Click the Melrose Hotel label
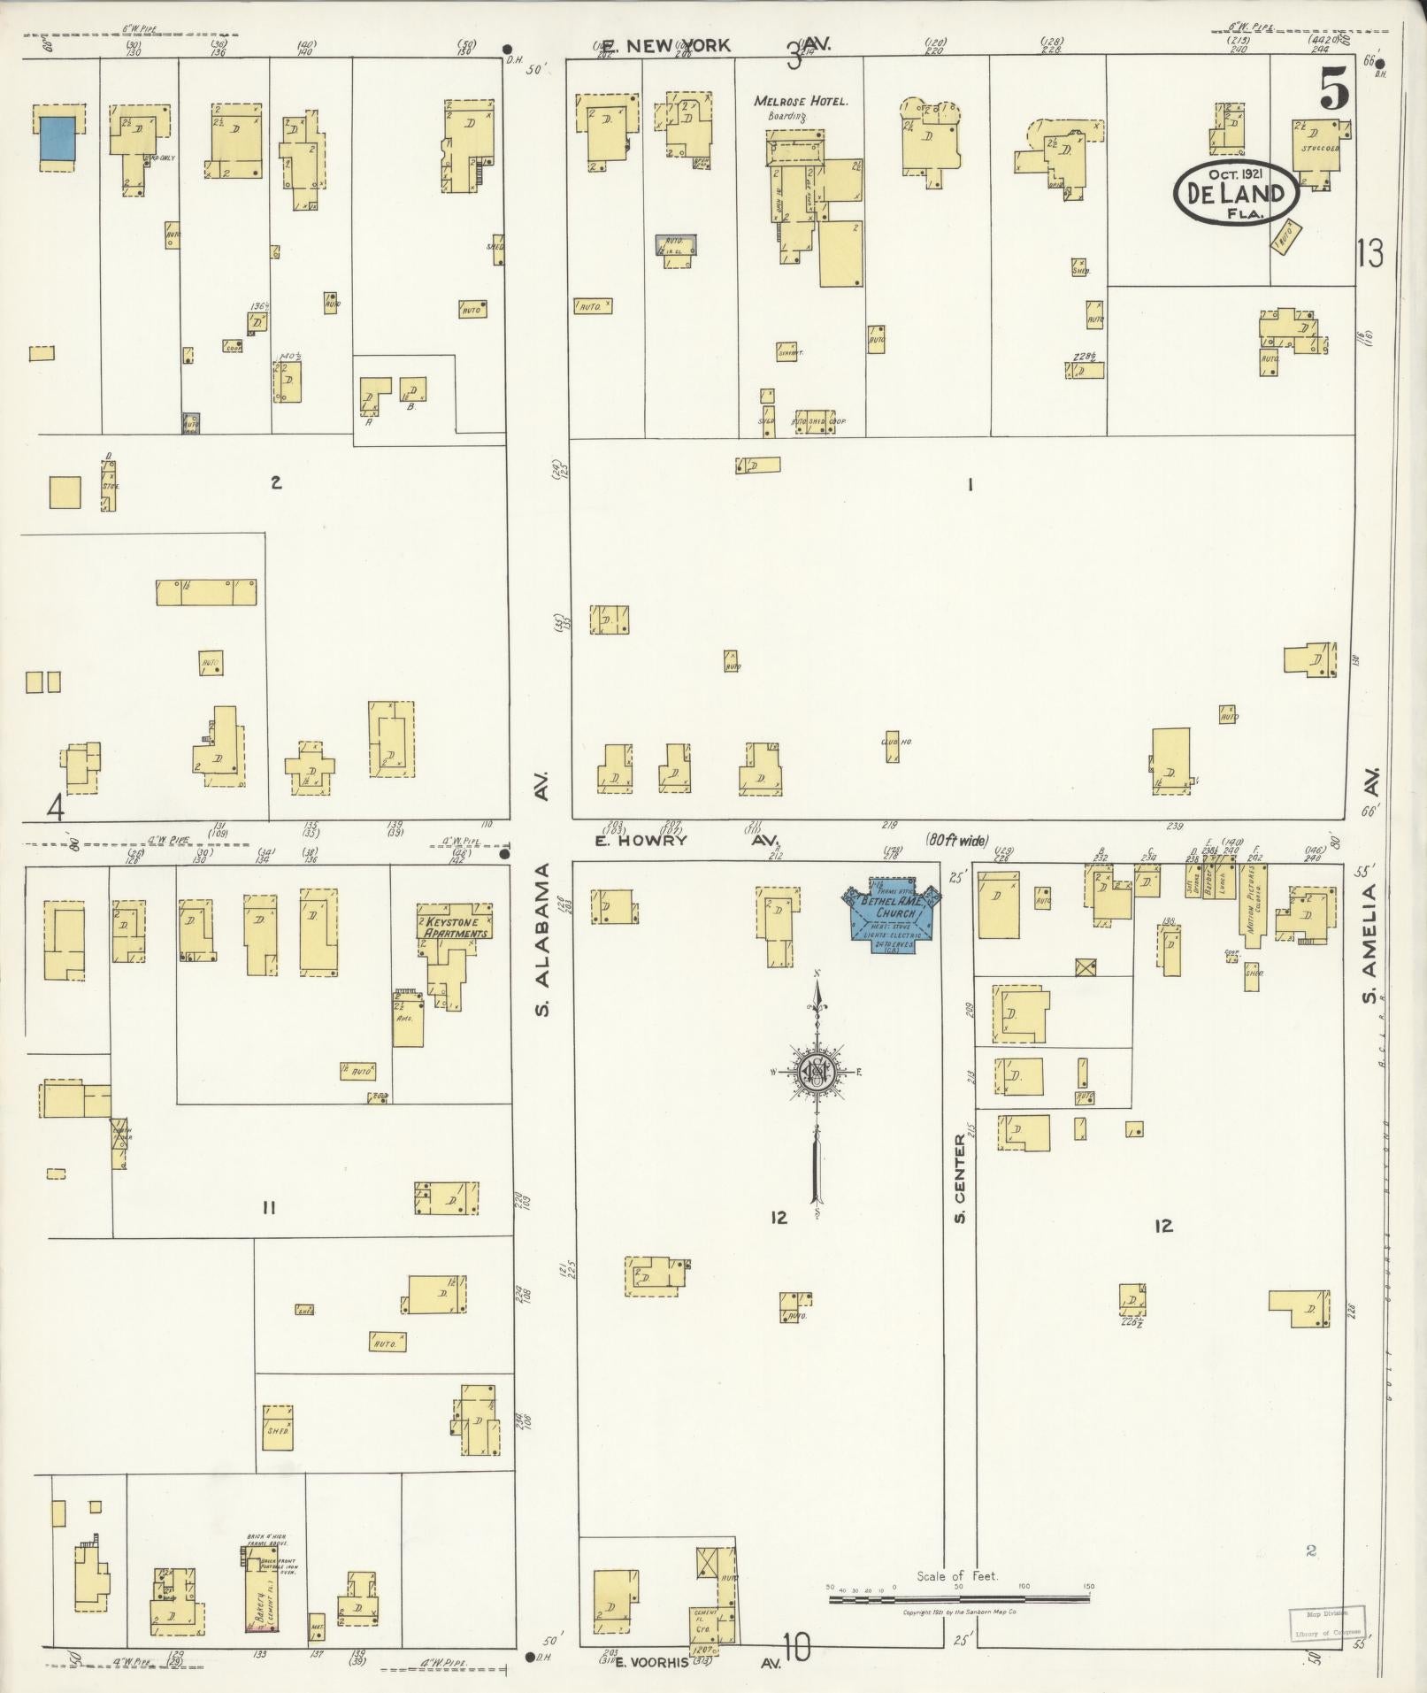(x=800, y=101)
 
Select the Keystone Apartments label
(x=455, y=927)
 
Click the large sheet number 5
(x=1334, y=89)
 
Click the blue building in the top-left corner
(x=57, y=139)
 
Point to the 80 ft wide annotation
(x=957, y=840)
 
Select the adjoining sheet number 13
(x=1369, y=254)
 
